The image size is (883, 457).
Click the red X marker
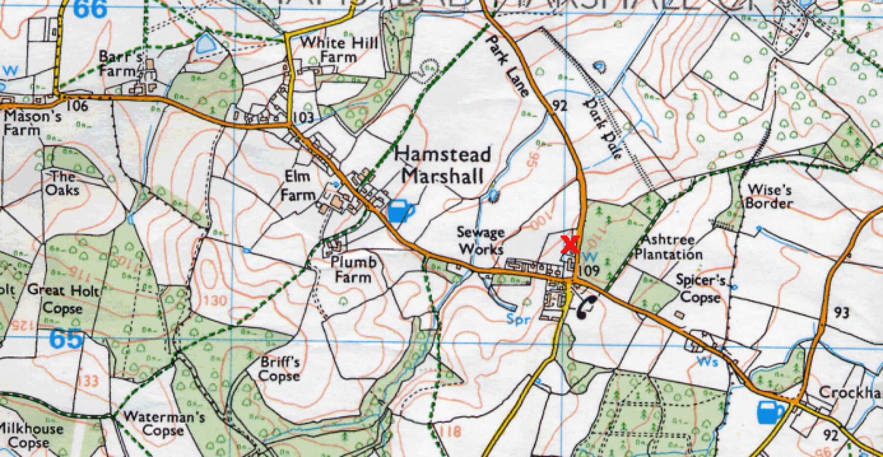coord(570,244)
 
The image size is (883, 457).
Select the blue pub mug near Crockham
coord(771,411)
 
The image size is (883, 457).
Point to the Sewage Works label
coord(480,240)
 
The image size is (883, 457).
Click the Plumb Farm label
coord(353,269)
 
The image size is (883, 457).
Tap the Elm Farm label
coord(297,185)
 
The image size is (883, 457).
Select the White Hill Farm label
coord(339,49)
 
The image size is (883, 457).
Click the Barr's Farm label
coord(120,63)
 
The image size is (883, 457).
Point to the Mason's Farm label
coord(32,123)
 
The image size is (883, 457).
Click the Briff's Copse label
coord(280,369)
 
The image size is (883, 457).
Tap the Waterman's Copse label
coord(164,424)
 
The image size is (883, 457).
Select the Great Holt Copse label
coord(63,299)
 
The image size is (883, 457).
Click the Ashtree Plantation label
coord(668,247)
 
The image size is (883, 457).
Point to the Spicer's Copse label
coord(701,288)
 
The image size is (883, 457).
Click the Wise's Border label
coord(769,196)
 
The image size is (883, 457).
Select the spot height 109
coord(589,270)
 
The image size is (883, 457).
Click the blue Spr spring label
coord(519,320)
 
